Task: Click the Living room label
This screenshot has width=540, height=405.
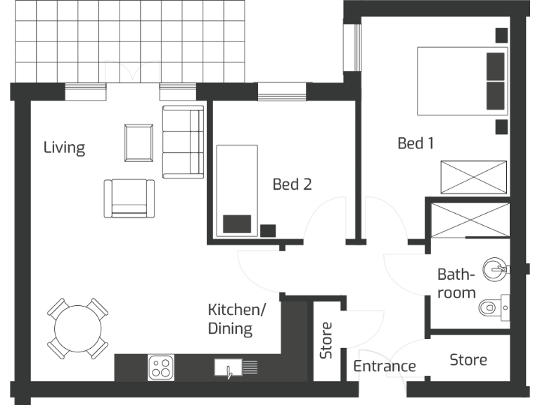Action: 64,148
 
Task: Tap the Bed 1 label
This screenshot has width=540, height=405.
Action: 416,143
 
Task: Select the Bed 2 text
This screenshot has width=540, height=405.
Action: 292,184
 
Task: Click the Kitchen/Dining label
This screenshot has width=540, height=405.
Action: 237,319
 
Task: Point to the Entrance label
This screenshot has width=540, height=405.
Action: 384,366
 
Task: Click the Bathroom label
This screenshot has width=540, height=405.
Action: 456,283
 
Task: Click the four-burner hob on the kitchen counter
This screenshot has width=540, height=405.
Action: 161,367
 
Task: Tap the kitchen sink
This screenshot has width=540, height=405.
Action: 229,367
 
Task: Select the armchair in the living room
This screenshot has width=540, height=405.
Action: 129,198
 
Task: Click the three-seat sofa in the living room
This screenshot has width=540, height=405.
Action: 182,142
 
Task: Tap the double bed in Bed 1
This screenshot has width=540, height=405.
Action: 462,81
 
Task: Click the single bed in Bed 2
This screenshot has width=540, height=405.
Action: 237,190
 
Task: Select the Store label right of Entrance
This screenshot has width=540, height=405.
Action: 468,360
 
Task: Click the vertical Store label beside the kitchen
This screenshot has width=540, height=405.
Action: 326,340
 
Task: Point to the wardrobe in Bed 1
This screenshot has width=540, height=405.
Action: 473,176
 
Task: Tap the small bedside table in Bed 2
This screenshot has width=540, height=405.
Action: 268,230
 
